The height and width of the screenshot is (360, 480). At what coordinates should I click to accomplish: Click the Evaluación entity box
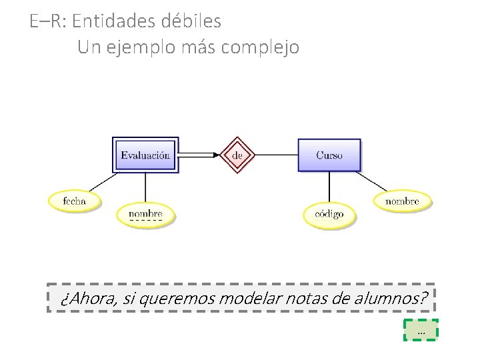click(145, 155)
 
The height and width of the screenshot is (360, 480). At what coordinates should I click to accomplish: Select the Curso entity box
click(329, 155)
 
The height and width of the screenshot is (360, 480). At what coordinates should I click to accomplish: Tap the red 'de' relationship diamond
click(239, 155)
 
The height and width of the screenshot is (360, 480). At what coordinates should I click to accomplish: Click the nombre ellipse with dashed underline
click(145, 214)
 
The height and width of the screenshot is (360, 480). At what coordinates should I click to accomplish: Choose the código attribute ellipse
click(329, 214)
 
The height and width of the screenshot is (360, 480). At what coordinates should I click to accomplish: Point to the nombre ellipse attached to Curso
click(402, 201)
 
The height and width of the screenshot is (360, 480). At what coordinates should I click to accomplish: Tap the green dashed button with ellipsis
click(421, 330)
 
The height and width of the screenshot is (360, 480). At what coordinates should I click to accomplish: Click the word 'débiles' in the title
click(191, 21)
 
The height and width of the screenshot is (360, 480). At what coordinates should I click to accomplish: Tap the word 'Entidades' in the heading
click(113, 21)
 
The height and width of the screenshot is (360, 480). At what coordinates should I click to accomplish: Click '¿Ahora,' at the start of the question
click(87, 298)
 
